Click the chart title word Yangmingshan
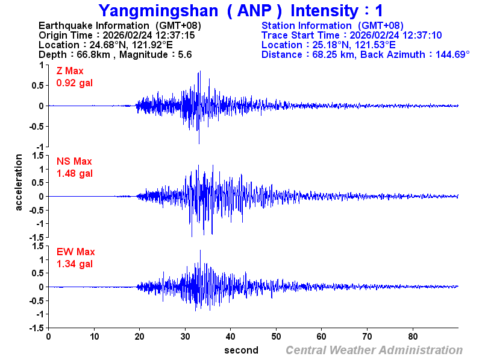(x=150, y=11)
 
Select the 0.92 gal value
(x=75, y=83)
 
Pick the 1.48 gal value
(x=75, y=173)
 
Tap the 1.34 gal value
(x=75, y=264)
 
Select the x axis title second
(x=241, y=350)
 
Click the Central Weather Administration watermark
(x=374, y=350)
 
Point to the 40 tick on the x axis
(x=231, y=336)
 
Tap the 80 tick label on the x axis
(x=413, y=336)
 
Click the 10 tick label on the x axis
(x=94, y=336)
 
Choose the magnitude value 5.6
(x=184, y=54)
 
